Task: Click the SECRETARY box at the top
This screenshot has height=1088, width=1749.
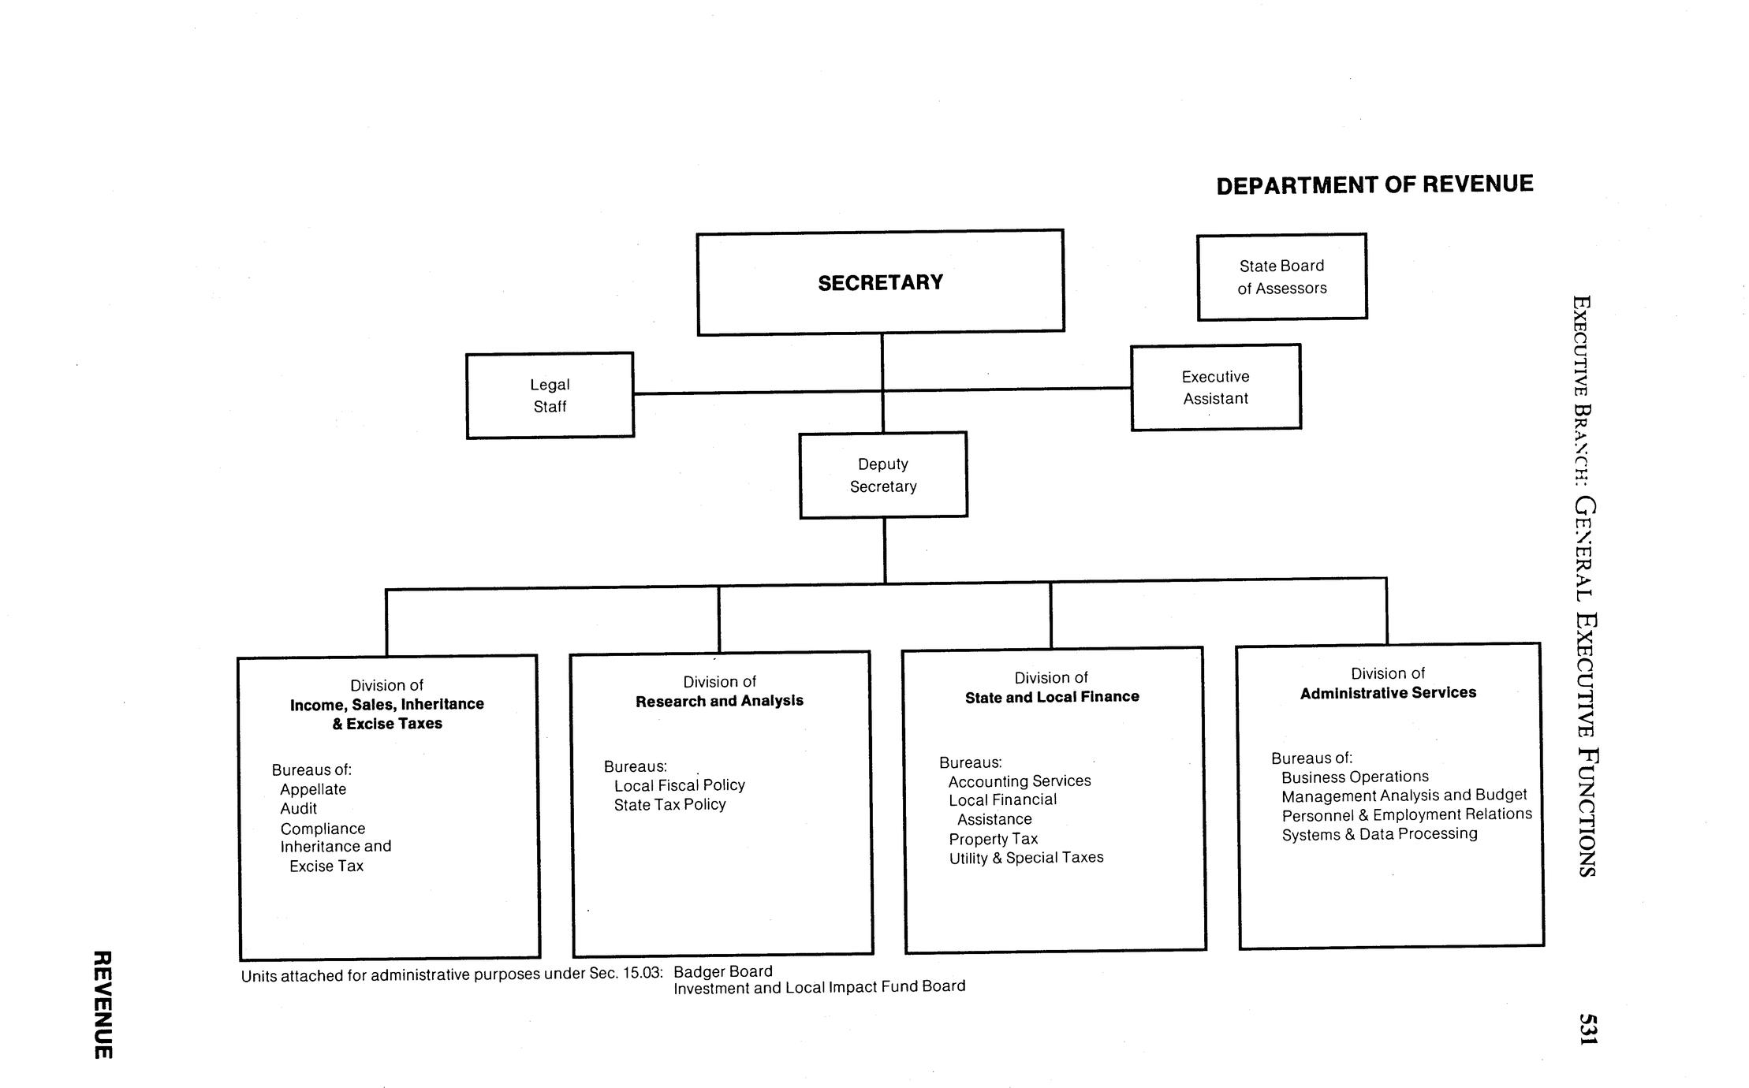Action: [x=880, y=282]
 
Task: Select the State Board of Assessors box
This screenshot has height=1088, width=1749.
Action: [x=1281, y=277]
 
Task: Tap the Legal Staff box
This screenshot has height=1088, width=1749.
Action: [x=550, y=395]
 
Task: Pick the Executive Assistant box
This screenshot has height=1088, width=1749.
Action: [x=1215, y=387]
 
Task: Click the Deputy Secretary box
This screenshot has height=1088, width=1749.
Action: [x=883, y=475]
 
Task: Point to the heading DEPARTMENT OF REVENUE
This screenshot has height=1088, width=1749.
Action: [x=1374, y=184]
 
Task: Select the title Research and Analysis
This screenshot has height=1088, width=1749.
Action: [x=719, y=700]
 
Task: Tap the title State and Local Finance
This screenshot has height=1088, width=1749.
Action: [x=1052, y=696]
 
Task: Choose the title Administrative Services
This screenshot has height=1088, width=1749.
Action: [x=1388, y=692]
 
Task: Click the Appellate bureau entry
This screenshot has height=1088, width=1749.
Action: [x=313, y=789]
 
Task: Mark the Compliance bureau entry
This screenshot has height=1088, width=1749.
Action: [x=323, y=829]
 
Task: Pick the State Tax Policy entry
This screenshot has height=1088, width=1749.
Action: [x=669, y=804]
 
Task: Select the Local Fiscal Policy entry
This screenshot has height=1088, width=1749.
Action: [x=679, y=785]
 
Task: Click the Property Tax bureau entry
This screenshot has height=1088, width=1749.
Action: [x=993, y=839]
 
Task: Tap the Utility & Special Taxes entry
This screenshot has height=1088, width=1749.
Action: [x=1026, y=858]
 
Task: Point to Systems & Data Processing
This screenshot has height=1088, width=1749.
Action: [x=1379, y=833]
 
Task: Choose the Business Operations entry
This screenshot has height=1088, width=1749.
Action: [x=1355, y=777]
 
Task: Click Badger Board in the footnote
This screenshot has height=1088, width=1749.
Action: [x=722, y=971]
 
